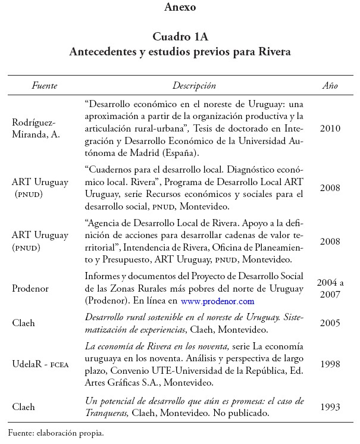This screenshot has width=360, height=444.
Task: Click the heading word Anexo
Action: (x=180, y=8)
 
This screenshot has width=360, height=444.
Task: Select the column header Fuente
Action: (x=44, y=86)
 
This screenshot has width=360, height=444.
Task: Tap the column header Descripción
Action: (x=194, y=86)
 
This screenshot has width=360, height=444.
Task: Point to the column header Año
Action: (x=330, y=86)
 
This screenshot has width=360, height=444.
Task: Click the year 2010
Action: (x=330, y=128)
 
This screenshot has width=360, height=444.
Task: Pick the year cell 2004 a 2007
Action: (x=330, y=288)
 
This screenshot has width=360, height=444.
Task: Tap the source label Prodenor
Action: (x=30, y=288)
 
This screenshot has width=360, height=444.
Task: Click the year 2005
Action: (x=330, y=323)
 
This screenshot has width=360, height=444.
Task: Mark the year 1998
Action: (x=330, y=364)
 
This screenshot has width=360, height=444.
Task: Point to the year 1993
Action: (x=330, y=407)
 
